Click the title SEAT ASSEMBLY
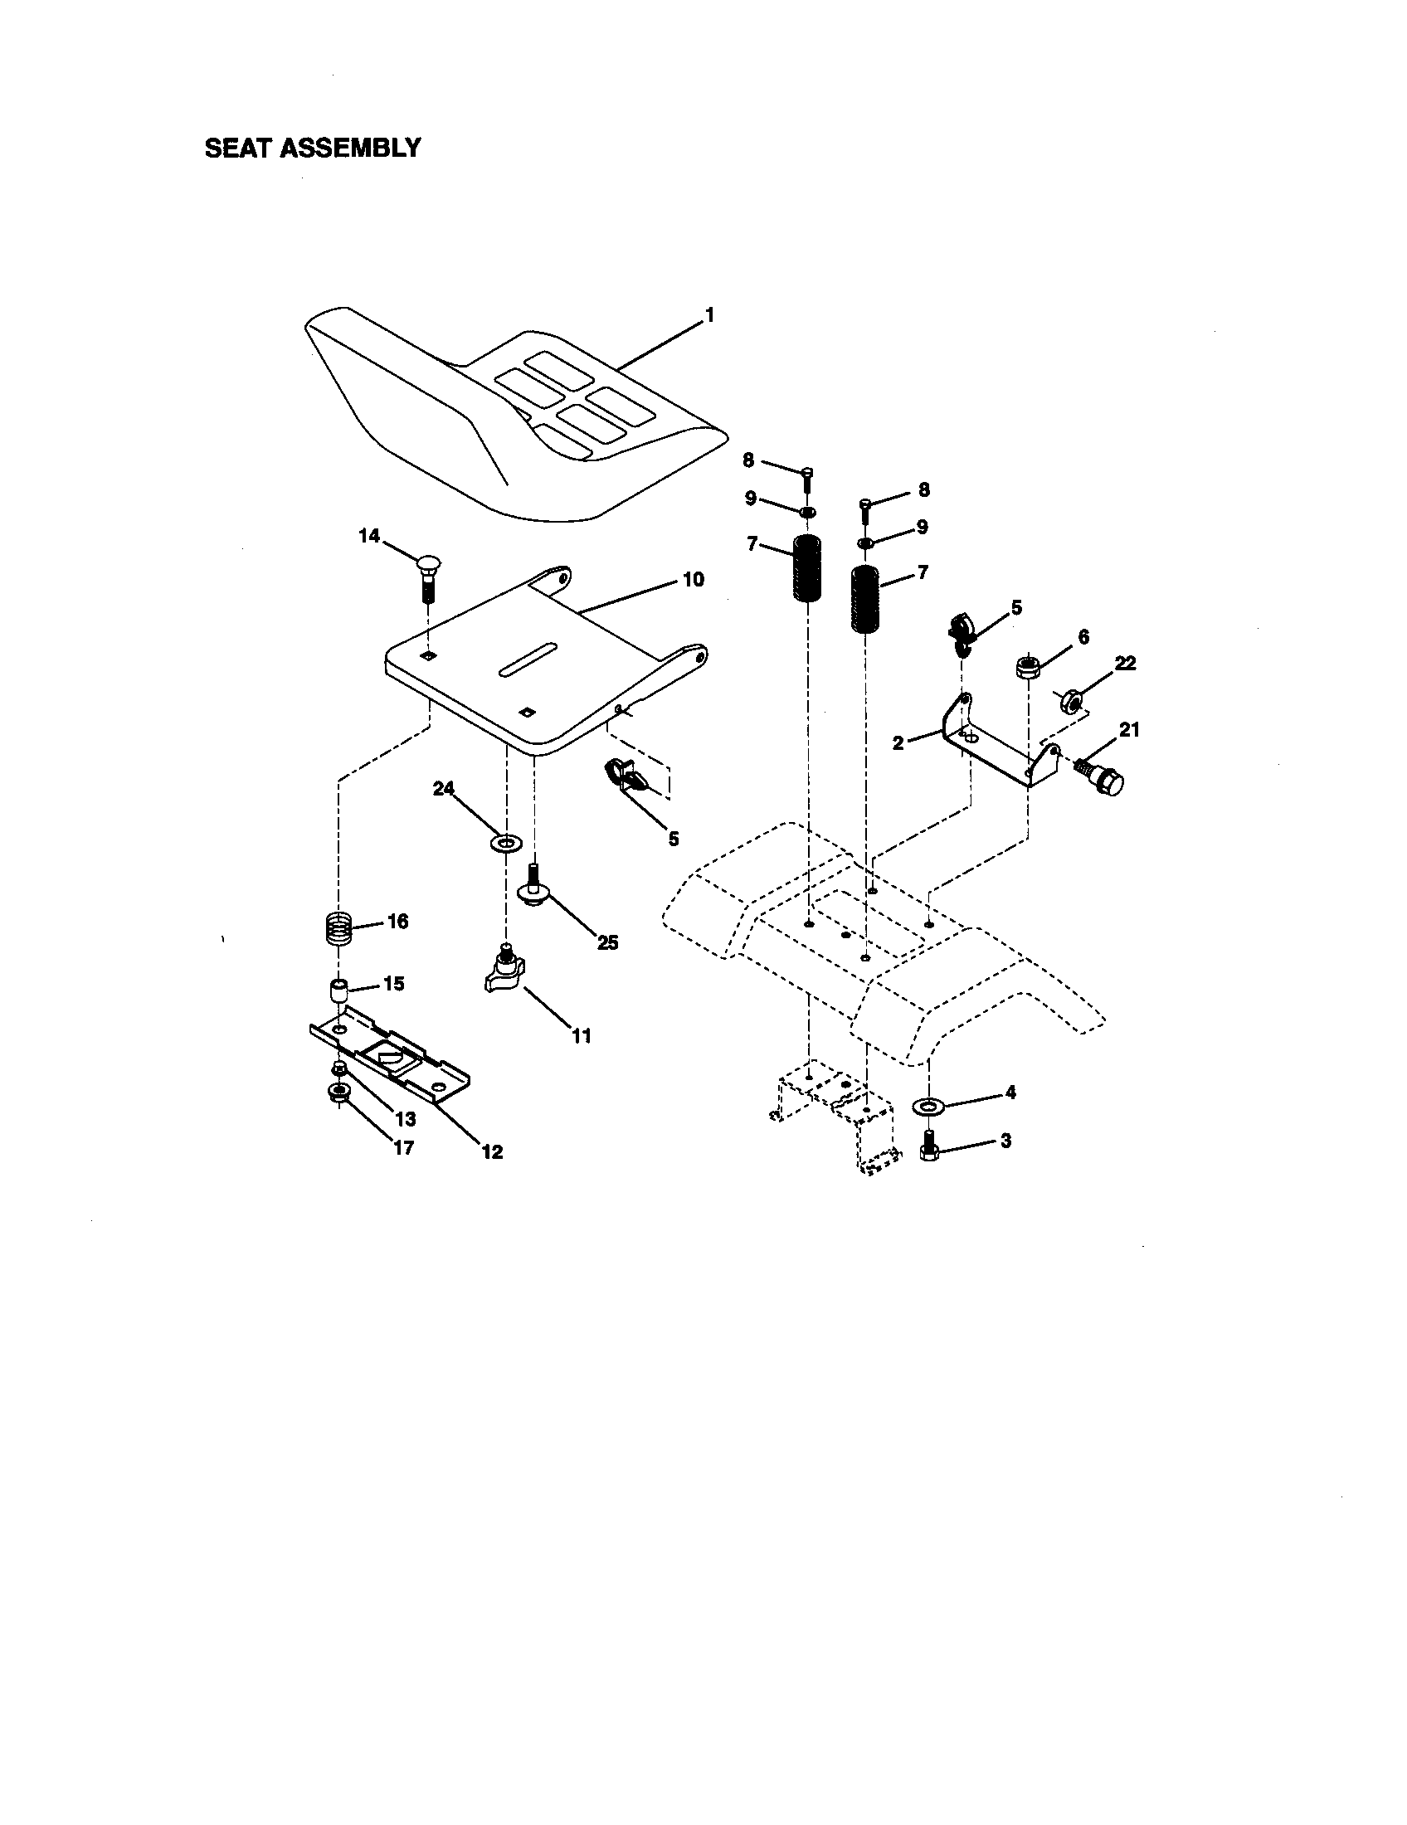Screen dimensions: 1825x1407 point(313,148)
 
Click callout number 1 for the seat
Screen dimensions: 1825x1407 point(709,315)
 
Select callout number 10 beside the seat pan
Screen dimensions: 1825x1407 point(693,578)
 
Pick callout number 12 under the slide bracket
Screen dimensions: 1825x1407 point(492,1151)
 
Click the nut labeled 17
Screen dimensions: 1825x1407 point(338,1093)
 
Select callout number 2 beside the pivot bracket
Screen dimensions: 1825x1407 point(898,743)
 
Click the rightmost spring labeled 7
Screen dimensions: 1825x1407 point(865,599)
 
